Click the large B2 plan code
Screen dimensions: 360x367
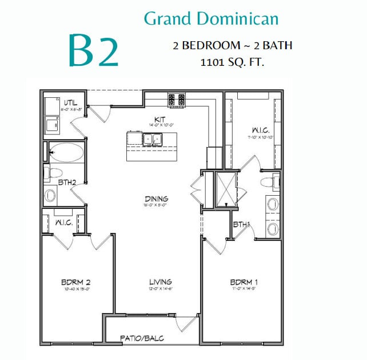point(94,50)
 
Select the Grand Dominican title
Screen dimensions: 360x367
point(211,19)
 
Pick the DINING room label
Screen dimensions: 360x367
point(155,199)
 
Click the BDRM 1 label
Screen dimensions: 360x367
point(244,282)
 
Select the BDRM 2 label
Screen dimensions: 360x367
point(77,282)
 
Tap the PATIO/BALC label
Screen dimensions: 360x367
point(142,339)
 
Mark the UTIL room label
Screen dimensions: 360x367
point(71,103)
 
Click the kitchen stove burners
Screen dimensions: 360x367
point(176,100)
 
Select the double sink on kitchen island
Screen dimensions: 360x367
point(152,139)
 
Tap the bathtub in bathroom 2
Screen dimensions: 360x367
point(66,152)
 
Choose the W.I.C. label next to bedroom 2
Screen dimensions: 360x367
point(63,222)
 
